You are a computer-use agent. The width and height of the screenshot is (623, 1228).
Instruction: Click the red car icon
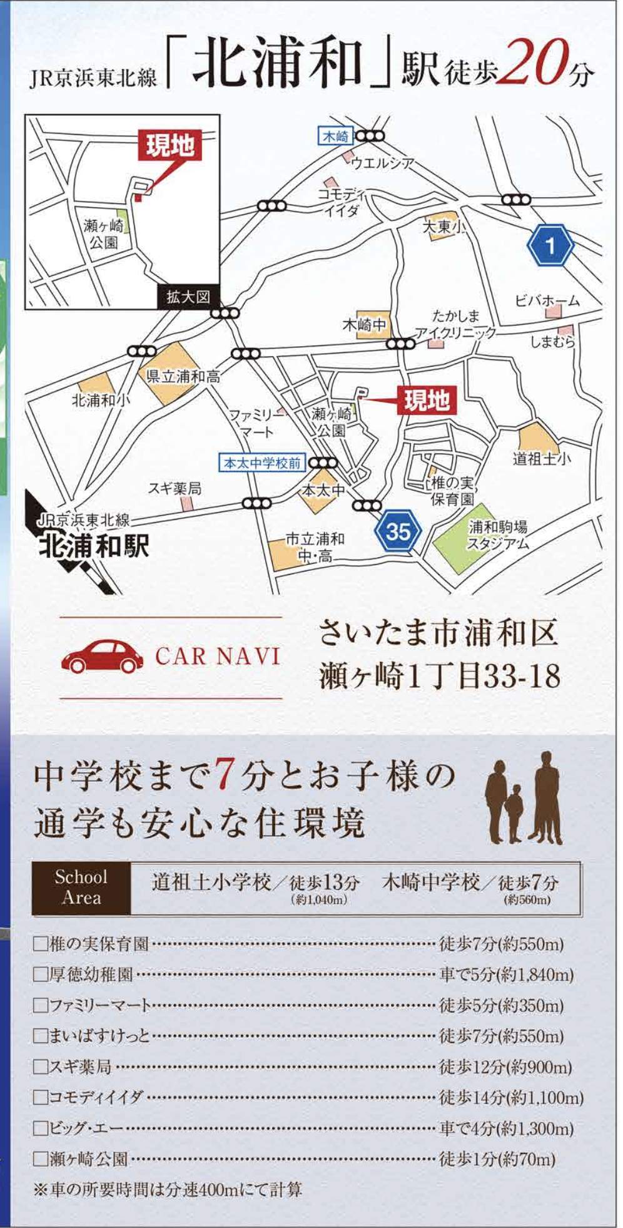pos(102,657)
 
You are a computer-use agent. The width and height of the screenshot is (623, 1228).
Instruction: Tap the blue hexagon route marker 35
pos(397,532)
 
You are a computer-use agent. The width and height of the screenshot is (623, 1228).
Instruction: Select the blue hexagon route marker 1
pos(550,245)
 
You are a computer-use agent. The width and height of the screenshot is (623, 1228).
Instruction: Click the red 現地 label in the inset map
pos(170,146)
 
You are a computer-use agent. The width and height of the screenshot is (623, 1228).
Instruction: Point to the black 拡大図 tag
pos(187,297)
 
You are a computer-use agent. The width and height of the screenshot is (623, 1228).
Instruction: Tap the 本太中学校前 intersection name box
pos(263,464)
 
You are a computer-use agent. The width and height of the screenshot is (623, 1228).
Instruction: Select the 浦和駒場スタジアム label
pos(497,535)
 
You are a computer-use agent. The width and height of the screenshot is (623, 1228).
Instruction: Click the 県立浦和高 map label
pos(183,377)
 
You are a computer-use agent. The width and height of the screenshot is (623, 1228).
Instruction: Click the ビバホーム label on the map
pos(547,301)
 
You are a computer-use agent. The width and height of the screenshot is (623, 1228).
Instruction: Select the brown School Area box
pos(81,887)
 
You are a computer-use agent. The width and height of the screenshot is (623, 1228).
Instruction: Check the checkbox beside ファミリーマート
pos(41,1005)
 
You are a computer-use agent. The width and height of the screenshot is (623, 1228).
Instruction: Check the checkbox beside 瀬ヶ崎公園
pos(41,1159)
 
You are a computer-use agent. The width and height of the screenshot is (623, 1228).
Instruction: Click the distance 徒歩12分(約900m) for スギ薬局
pos(505,1067)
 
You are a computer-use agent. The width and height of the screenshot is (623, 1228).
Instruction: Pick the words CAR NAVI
pos(218,657)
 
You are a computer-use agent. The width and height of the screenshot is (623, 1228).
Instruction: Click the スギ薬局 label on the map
pos(175,488)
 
